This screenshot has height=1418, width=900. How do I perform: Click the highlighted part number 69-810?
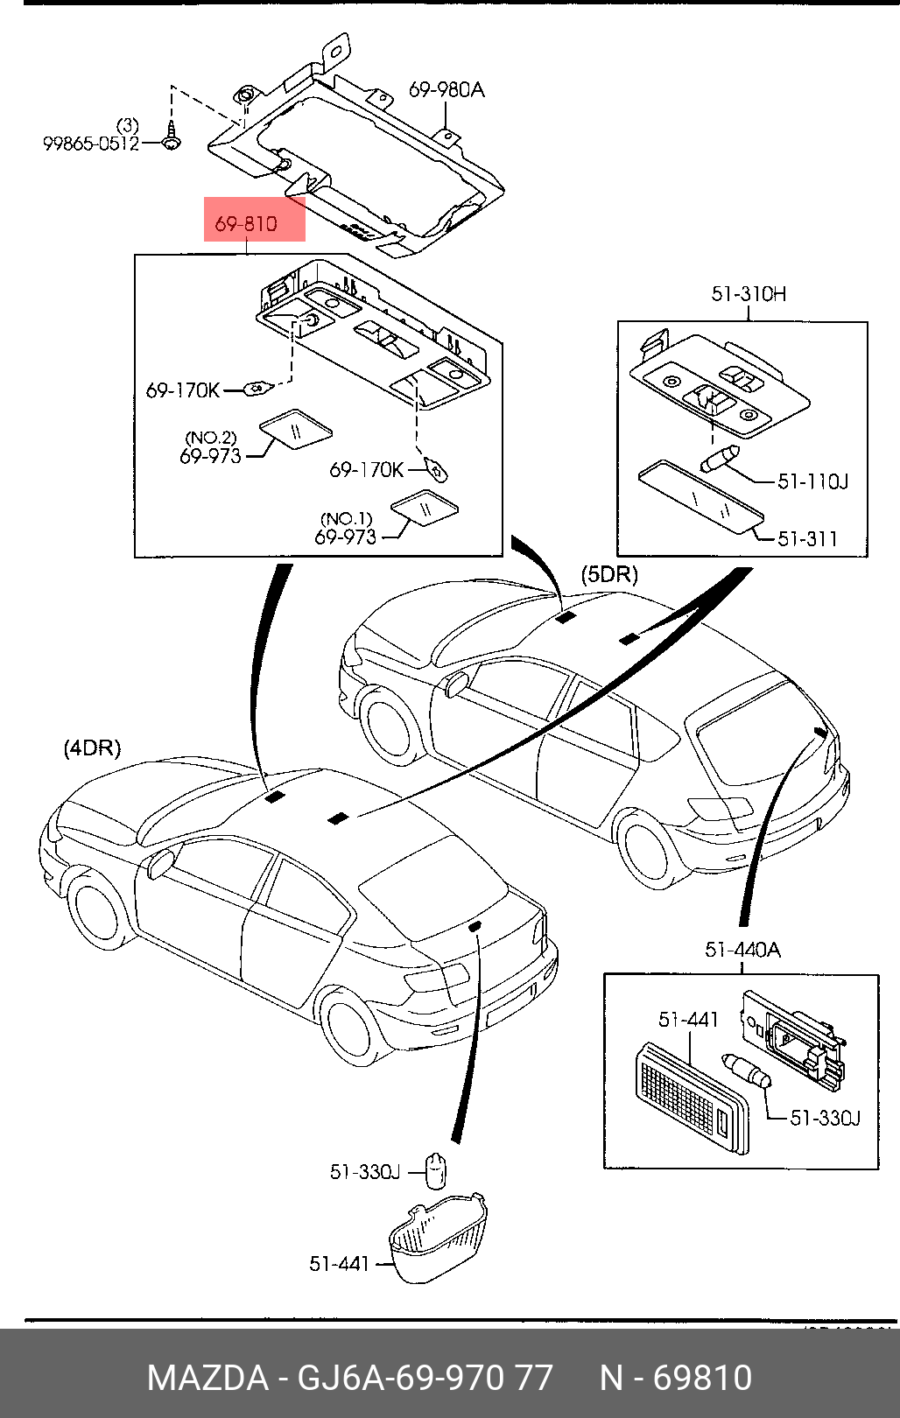tap(246, 224)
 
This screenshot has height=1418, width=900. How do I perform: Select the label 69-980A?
tap(446, 89)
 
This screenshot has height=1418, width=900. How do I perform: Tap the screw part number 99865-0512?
tap(91, 144)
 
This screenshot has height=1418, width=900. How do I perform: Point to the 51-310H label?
tap(749, 294)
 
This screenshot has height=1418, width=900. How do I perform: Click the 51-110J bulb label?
tap(812, 481)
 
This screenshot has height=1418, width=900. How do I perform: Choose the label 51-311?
tap(807, 539)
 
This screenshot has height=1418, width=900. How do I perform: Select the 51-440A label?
tap(742, 950)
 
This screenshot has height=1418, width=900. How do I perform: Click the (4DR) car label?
tap(92, 748)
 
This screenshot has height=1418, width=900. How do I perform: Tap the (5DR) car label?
tap(609, 575)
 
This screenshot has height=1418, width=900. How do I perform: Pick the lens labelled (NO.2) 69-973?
tap(295, 428)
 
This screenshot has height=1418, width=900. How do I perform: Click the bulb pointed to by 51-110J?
tap(720, 459)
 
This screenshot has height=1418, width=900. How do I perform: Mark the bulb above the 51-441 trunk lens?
tap(436, 1169)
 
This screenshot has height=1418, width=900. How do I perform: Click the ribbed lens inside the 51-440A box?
tap(691, 1098)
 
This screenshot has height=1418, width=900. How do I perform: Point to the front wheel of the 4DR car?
tap(95, 908)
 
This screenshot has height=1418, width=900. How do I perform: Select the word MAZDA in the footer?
tap(207, 1378)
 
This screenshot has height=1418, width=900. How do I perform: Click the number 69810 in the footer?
tap(702, 1378)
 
